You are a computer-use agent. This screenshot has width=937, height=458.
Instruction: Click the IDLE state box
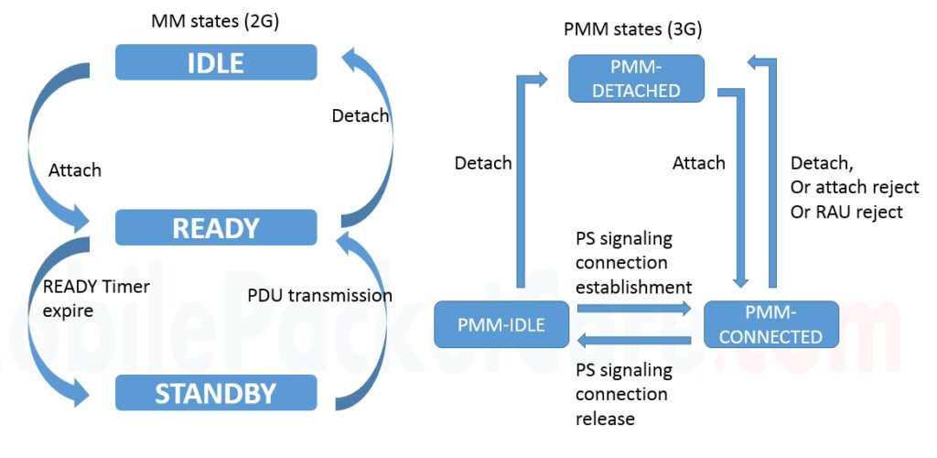[216, 62]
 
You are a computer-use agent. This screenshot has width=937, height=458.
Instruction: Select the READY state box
[216, 227]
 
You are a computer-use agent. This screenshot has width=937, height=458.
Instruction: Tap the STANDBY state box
[216, 393]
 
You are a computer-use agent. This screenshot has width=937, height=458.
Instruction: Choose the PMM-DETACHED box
[636, 79]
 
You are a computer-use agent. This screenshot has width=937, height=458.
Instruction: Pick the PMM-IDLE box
[501, 324]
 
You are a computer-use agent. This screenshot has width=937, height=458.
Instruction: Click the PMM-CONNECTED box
[770, 324]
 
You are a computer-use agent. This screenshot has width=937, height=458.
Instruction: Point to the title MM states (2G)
[215, 21]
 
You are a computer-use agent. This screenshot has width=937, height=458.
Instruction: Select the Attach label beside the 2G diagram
[75, 170]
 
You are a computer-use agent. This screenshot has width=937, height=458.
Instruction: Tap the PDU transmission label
[319, 295]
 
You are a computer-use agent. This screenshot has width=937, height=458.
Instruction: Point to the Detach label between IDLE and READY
[360, 116]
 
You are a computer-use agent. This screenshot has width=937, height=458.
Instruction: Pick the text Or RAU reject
[846, 212]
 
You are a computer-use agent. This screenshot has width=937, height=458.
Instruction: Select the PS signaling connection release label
[622, 395]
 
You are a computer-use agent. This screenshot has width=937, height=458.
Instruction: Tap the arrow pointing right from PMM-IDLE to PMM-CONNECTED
[631, 310]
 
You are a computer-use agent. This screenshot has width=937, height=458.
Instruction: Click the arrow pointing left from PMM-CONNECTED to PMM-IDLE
[631, 342]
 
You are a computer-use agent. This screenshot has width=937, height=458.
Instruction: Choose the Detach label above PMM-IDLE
[483, 163]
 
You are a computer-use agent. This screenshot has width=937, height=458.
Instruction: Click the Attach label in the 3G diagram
[698, 163]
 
